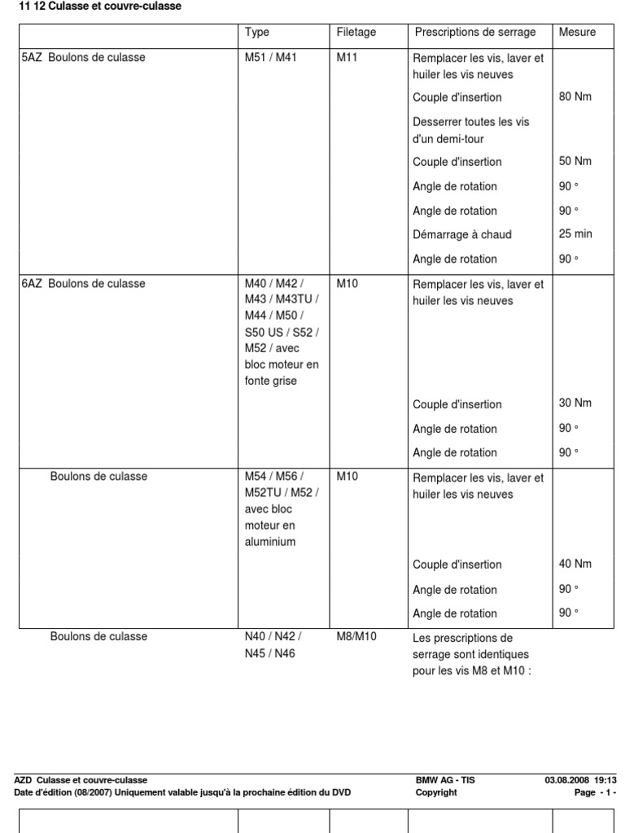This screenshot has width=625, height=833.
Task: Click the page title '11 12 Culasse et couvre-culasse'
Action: point(95,7)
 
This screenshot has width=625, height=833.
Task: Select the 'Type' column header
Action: point(257,33)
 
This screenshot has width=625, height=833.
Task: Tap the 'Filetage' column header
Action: point(356,33)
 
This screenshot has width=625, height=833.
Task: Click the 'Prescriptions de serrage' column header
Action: point(475,33)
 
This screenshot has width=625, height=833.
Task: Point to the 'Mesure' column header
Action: point(577,33)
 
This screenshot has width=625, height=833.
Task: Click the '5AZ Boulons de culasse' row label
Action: point(83,58)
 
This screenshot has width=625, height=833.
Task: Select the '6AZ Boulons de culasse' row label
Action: point(83,284)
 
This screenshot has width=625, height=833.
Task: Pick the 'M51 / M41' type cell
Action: point(271,58)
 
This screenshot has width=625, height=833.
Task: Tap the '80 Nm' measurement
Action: point(575,97)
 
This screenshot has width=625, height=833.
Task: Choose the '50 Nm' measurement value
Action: point(575,161)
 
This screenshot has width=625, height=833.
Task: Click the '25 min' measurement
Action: point(575,234)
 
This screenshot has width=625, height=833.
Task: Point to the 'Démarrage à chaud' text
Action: point(462,235)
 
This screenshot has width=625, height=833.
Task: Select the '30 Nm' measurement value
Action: point(575,403)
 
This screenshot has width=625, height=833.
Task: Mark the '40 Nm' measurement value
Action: point(575,564)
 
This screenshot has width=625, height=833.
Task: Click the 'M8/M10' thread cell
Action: point(357,637)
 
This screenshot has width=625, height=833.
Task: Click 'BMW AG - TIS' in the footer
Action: point(445,780)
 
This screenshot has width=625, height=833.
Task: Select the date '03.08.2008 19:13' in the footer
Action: point(580,780)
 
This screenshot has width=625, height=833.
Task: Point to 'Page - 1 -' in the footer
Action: point(596,792)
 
